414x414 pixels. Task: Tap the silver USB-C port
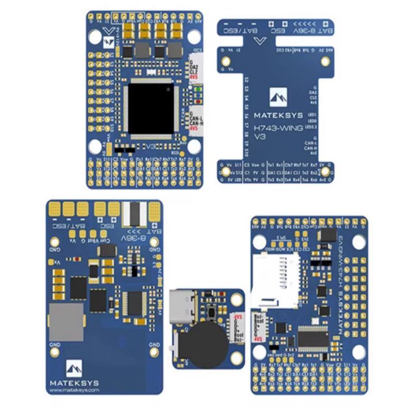tap(182, 307)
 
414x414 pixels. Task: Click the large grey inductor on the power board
tap(66, 322)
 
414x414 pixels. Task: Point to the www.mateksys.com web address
tap(71, 390)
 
